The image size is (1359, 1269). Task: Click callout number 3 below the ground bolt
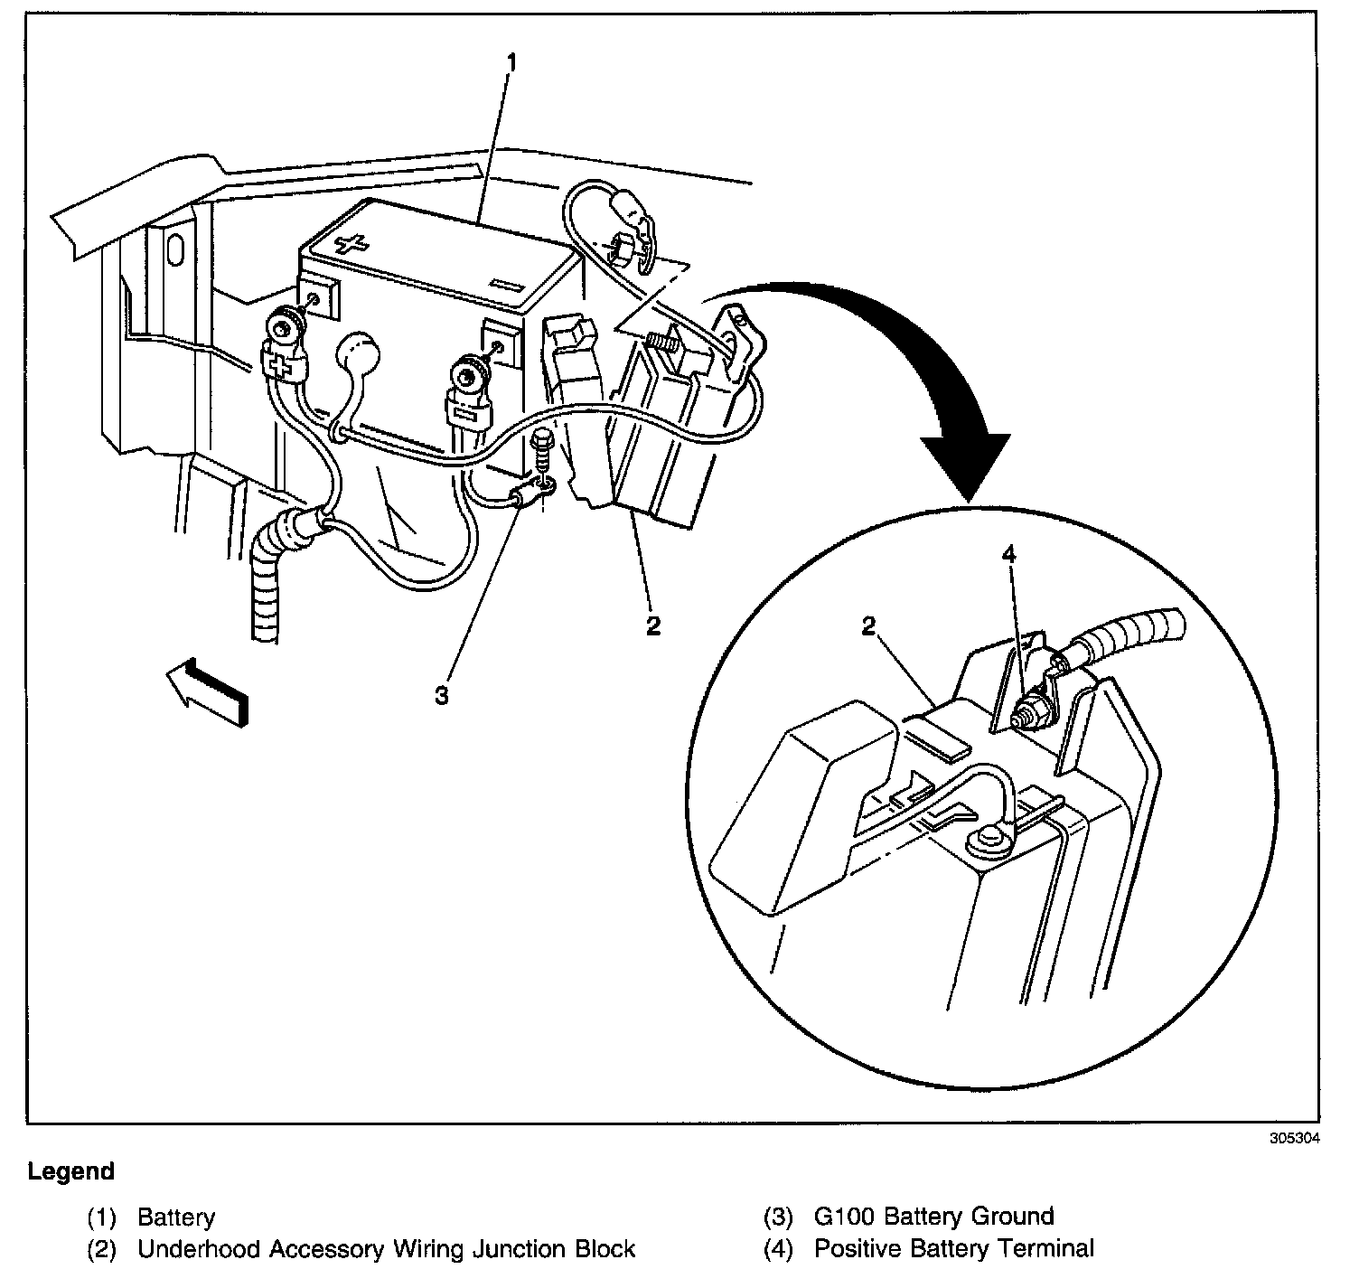441,696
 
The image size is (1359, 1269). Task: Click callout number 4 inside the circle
1008,554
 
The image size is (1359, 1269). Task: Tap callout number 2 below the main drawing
652,625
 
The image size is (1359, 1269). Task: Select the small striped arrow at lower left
208,691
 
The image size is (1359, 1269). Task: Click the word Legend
71,1172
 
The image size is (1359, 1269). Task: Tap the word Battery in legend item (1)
176,1217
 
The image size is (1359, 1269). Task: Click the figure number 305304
1294,1138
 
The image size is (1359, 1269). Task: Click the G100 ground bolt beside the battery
542,452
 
